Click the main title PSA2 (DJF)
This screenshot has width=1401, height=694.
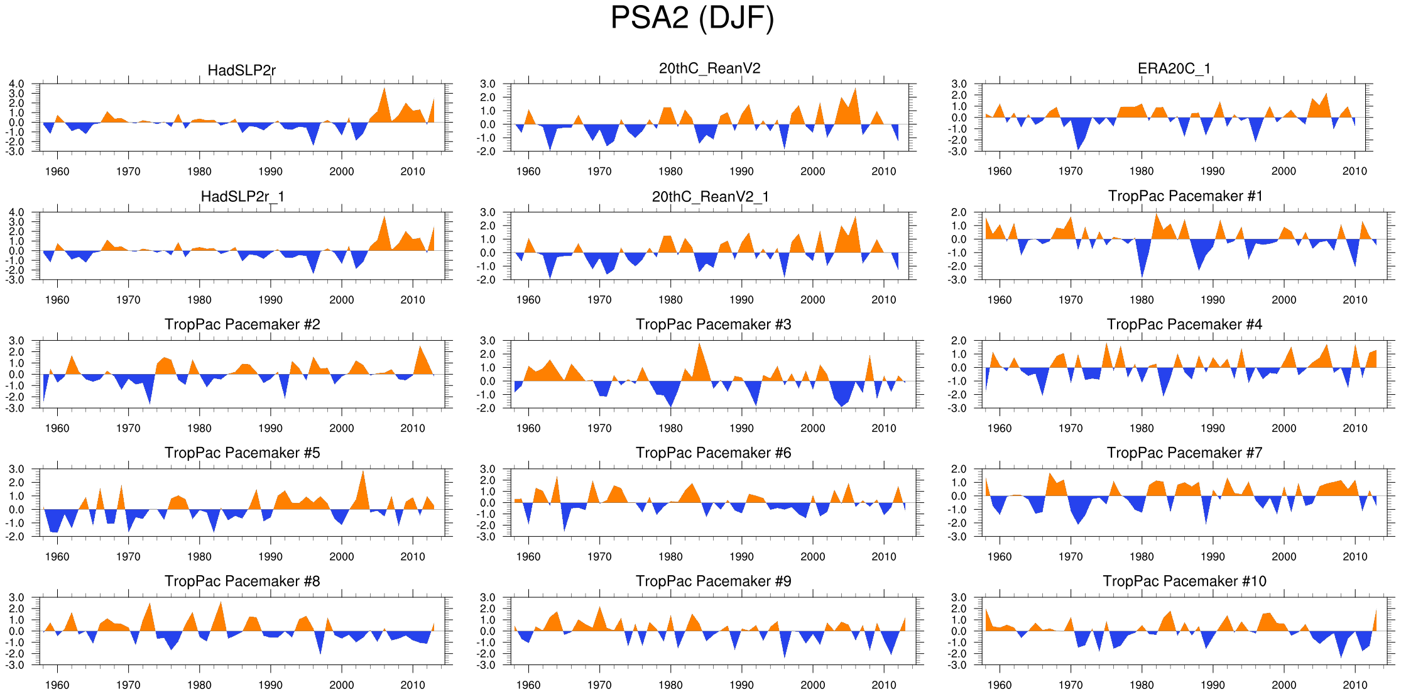[692, 18]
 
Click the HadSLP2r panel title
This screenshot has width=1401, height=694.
[242, 70]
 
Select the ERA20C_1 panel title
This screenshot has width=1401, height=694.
[1174, 69]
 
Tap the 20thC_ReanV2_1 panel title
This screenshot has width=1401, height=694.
[710, 197]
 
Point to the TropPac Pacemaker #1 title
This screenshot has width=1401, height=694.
[1185, 196]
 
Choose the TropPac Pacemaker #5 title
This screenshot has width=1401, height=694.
[242, 453]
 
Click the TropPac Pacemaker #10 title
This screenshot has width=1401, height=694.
[1184, 581]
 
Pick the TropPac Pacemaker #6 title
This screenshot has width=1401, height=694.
[713, 453]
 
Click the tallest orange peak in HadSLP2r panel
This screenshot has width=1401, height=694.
[384, 89]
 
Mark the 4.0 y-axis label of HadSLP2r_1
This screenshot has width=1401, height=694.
[16, 212]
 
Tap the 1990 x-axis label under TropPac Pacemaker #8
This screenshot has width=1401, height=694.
[270, 685]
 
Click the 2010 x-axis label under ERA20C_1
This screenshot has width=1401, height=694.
[1355, 171]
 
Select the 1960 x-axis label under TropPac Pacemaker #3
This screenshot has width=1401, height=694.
[528, 428]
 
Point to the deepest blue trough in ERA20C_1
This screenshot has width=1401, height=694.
[1078, 148]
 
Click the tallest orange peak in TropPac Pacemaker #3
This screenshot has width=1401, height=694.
[699, 344]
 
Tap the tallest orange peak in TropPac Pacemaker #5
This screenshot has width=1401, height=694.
[363, 471]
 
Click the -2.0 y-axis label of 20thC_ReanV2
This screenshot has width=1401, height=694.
[488, 151]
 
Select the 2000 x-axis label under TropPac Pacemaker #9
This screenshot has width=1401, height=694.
[812, 685]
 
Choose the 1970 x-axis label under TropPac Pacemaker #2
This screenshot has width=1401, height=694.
[128, 428]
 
